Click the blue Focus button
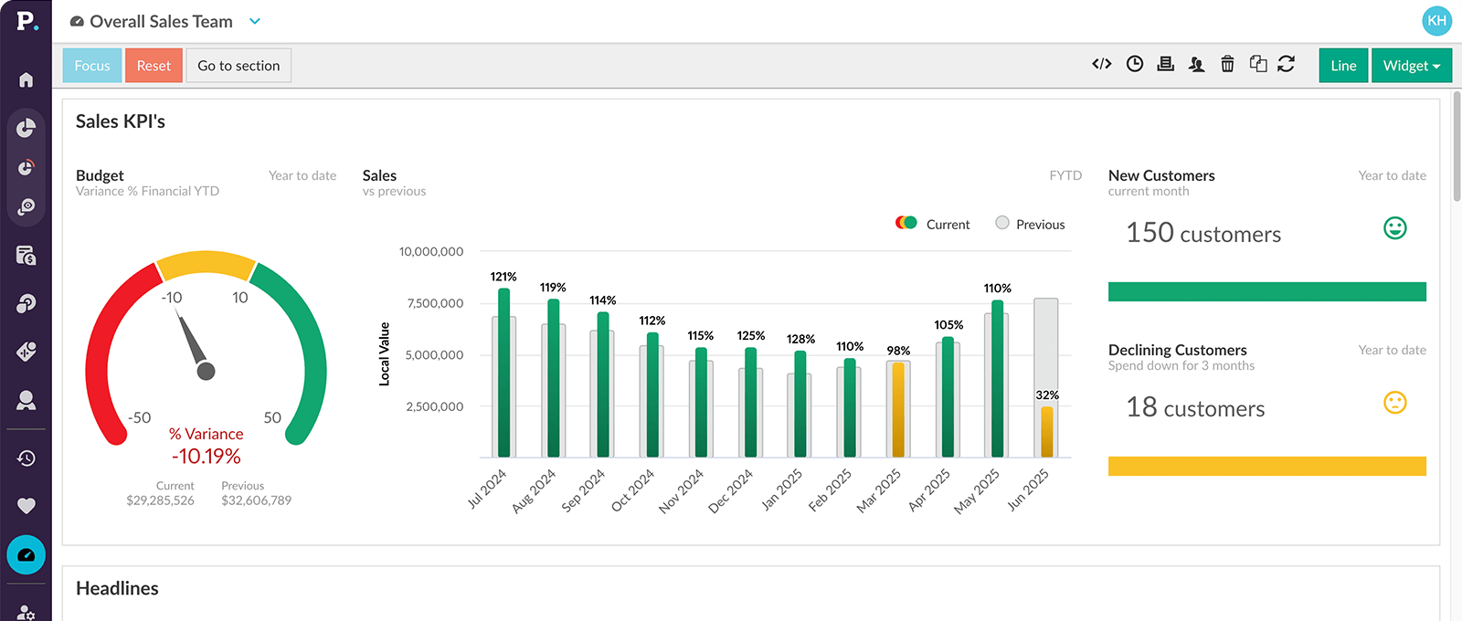[x=92, y=66]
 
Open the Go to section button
[x=238, y=66]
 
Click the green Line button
[x=1343, y=66]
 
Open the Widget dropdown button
[x=1411, y=66]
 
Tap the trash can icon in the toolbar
[x=1227, y=64]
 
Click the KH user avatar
[x=1436, y=20]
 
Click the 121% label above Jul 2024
[x=503, y=277]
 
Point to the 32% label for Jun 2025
[x=1047, y=395]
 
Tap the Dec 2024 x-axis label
[x=731, y=491]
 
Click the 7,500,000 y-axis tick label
[x=435, y=303]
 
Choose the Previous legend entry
[x=1030, y=224]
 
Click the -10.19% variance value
[x=207, y=456]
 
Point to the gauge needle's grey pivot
[x=207, y=371]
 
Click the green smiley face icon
[x=1394, y=228]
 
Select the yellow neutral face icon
[x=1394, y=403]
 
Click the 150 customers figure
[x=1203, y=234]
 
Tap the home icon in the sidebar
[x=26, y=80]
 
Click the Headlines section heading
[x=117, y=588]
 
